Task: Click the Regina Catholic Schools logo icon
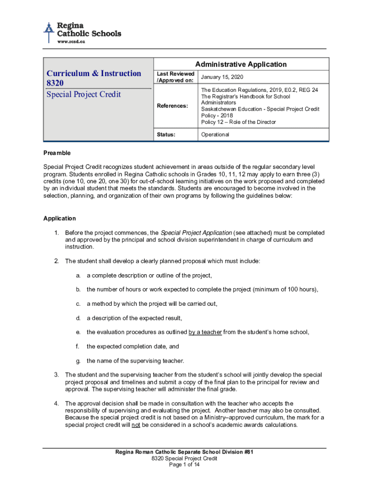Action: click(x=48, y=32)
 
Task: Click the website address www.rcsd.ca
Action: click(x=71, y=42)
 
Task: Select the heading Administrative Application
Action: click(x=241, y=64)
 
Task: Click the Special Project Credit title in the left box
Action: click(x=83, y=94)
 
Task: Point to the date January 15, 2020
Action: click(x=222, y=77)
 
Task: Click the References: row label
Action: click(x=173, y=105)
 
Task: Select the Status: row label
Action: click(x=166, y=134)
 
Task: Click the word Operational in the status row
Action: click(x=215, y=134)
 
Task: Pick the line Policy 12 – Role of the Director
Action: click(x=238, y=122)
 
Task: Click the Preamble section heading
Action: click(x=57, y=153)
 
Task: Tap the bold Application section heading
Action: click(x=59, y=218)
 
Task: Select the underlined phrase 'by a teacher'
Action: click(x=205, y=332)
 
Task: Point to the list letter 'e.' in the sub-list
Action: click(x=78, y=332)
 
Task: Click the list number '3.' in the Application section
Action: click(x=57, y=375)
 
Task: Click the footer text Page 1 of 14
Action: click(x=184, y=465)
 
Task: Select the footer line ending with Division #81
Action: click(x=184, y=452)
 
